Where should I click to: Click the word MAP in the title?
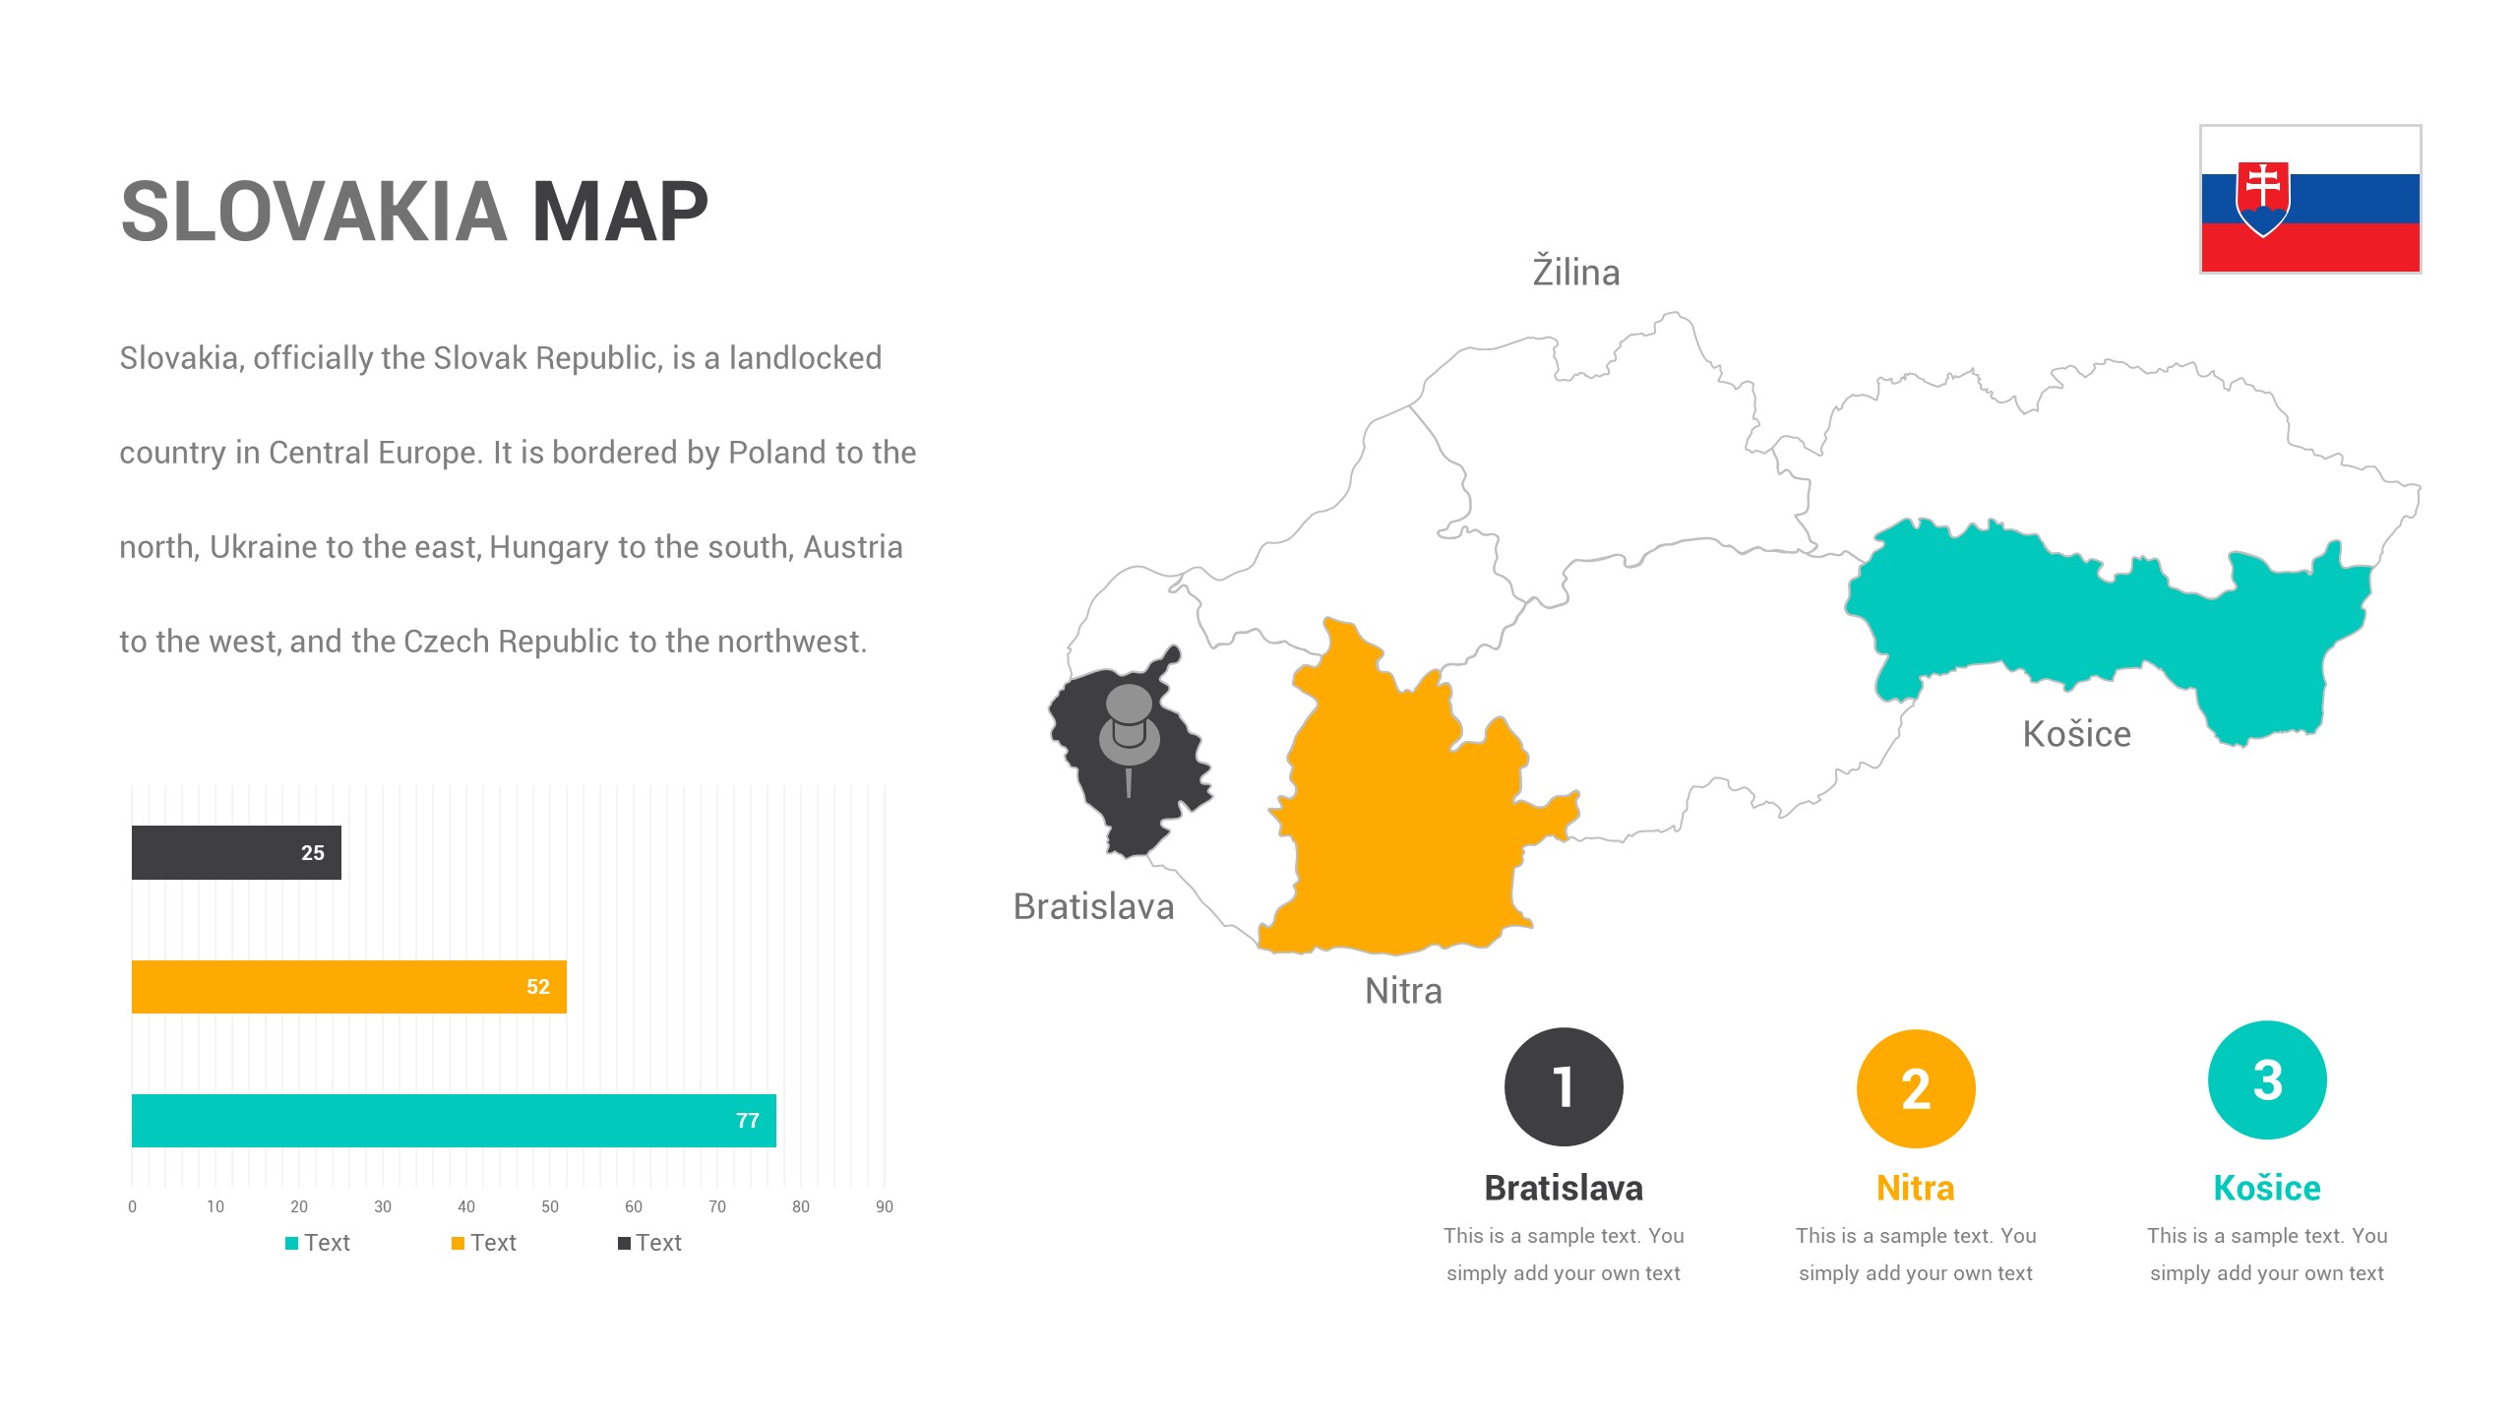[620, 212]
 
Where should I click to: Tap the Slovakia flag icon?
[2309, 199]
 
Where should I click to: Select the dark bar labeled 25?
[236, 852]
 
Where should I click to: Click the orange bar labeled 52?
[348, 987]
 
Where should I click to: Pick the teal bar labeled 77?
[453, 1121]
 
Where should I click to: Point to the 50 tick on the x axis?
[550, 1206]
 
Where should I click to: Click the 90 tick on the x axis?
[885, 1206]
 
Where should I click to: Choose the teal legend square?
[291, 1243]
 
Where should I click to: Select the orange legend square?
[458, 1243]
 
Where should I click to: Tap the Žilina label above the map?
[1575, 273]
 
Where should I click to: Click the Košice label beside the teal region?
[2076, 734]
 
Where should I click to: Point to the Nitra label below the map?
[1403, 991]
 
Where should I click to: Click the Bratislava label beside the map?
[1093, 906]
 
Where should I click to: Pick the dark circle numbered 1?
[1564, 1086]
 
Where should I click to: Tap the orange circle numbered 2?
[1916, 1088]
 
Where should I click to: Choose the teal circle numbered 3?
[2267, 1080]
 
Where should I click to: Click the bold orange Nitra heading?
[1915, 1188]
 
